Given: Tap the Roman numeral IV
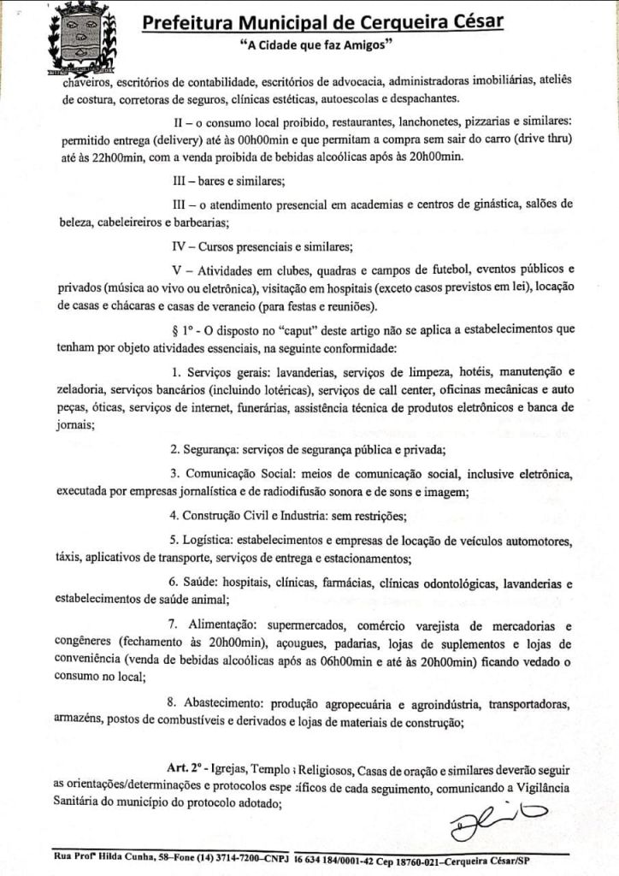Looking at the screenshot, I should pos(180,247).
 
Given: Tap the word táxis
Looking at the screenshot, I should pos(68,559).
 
